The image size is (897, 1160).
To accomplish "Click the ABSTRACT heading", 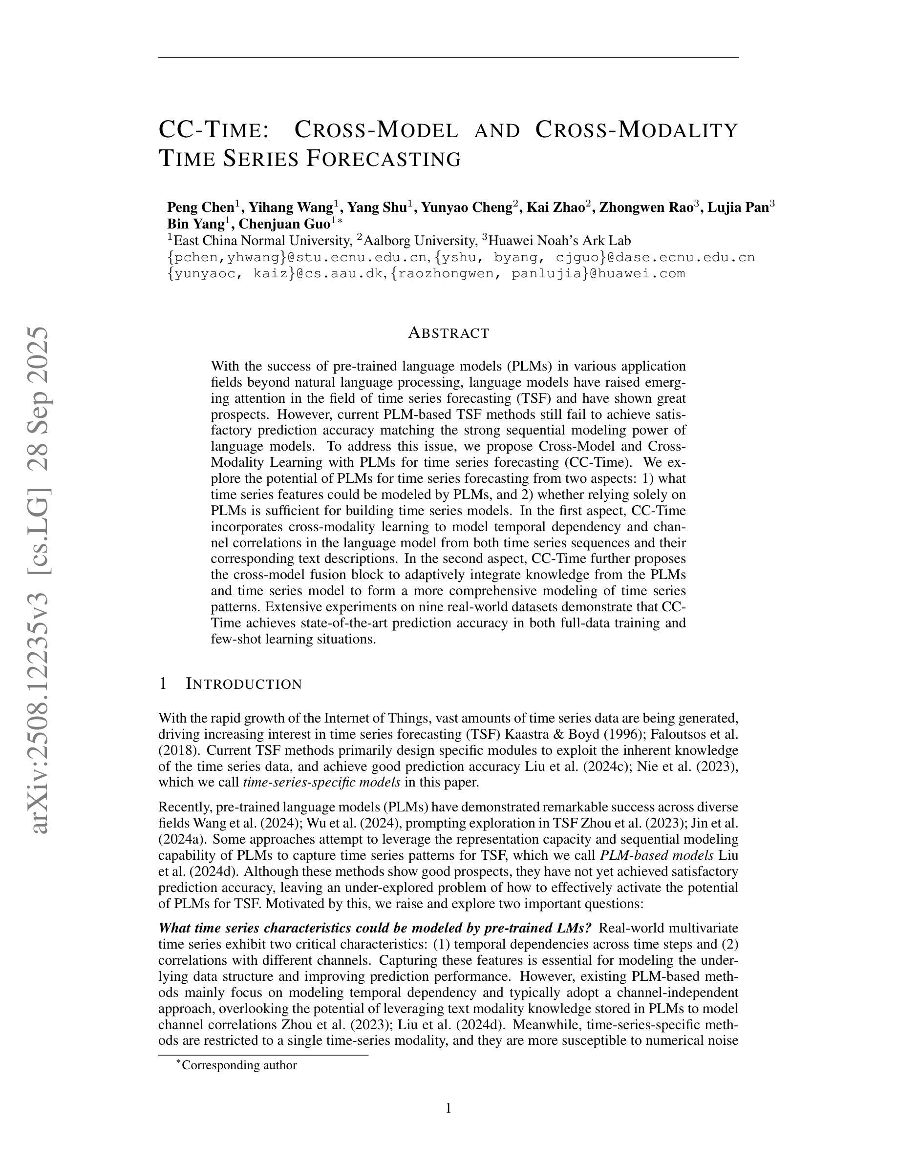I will (448, 333).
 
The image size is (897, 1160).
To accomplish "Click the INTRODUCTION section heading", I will (243, 684).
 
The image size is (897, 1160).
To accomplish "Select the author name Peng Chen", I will (200, 207).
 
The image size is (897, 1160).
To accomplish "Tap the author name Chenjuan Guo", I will (284, 224).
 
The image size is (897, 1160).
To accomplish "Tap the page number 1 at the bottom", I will (448, 1108).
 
